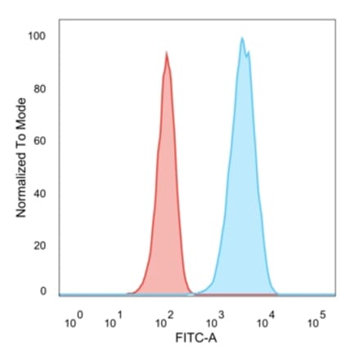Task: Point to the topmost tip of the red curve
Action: (x=167, y=52)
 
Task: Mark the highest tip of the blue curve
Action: (x=242, y=37)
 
